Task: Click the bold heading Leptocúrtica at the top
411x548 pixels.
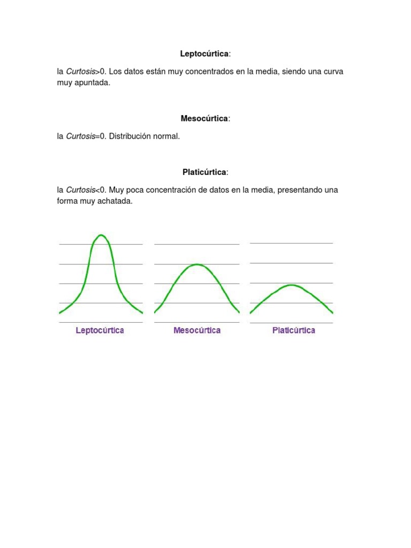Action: click(x=204, y=54)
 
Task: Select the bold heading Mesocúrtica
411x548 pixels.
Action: click(x=204, y=118)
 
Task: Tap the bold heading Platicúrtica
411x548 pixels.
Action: click(x=204, y=172)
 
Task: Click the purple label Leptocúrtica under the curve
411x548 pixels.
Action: click(x=100, y=330)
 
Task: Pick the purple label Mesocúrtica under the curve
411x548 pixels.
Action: click(x=197, y=330)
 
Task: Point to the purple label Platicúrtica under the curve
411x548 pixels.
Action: click(x=293, y=330)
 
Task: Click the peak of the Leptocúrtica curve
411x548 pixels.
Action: click(x=101, y=235)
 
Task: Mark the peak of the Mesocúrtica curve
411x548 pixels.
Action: click(x=197, y=264)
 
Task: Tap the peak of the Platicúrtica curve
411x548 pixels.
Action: click(x=292, y=285)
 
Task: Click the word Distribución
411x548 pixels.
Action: click(x=130, y=136)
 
